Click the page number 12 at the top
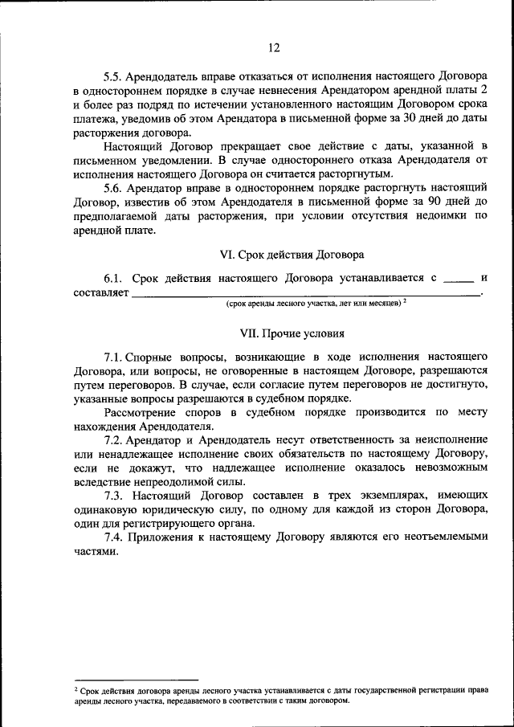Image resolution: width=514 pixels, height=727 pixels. tap(273, 48)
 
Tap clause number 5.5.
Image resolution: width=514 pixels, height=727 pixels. tap(113, 78)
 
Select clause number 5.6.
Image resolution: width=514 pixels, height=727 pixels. tap(113, 187)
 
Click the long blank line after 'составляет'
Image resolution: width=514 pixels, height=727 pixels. tap(305, 295)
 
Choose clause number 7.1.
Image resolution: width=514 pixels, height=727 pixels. tap(112, 356)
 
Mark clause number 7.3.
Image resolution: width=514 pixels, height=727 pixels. tap(112, 495)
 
